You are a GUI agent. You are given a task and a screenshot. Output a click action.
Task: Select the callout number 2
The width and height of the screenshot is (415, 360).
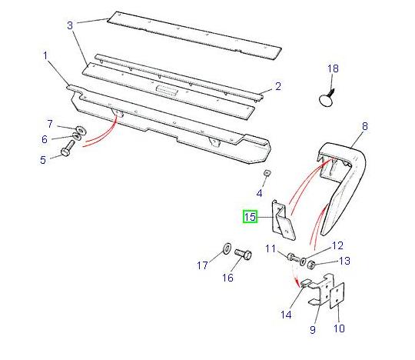278,86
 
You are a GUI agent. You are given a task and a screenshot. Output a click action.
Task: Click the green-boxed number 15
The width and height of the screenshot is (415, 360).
251,218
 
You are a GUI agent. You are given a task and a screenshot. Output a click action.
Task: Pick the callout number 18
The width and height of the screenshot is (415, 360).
333,69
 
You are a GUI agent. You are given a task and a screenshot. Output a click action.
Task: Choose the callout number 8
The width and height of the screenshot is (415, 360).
364,125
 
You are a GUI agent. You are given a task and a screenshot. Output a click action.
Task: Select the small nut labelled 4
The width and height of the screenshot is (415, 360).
267,173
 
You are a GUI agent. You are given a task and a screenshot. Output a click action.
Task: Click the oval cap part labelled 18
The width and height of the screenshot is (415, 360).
328,98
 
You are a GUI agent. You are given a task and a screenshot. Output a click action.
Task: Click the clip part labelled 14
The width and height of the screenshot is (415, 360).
304,285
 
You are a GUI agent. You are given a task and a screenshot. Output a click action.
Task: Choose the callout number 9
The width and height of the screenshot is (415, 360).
313,330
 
